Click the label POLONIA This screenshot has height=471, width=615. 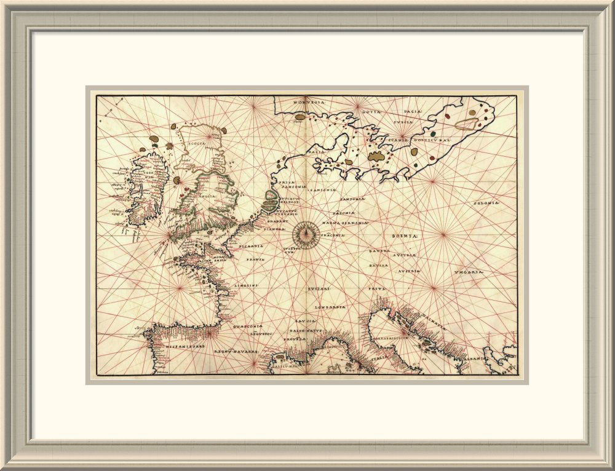[x=486, y=203]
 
